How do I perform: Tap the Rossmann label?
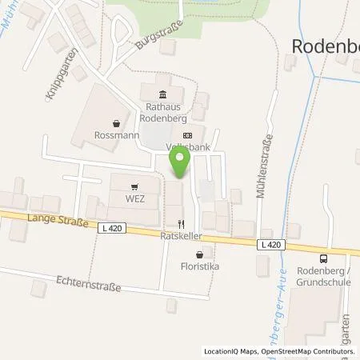click(117, 135)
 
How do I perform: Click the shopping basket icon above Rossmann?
click(118, 123)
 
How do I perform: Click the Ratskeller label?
click(180, 237)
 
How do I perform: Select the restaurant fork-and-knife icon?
click(181, 224)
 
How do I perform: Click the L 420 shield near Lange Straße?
click(114, 229)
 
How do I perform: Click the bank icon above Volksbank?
click(187, 135)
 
